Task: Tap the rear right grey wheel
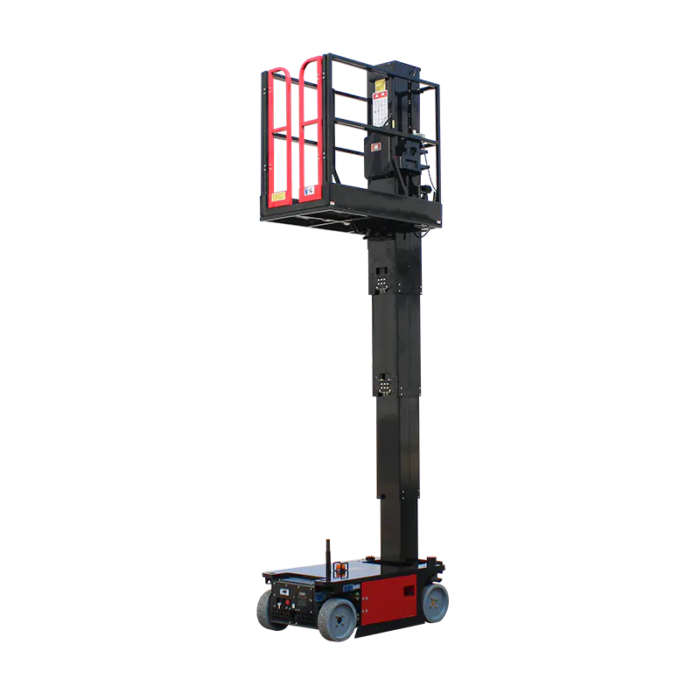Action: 434,602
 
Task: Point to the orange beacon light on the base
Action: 340,570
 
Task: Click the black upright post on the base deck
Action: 327,556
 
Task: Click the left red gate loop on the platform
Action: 279,131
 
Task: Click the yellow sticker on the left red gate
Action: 278,197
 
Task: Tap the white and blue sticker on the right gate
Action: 309,190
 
